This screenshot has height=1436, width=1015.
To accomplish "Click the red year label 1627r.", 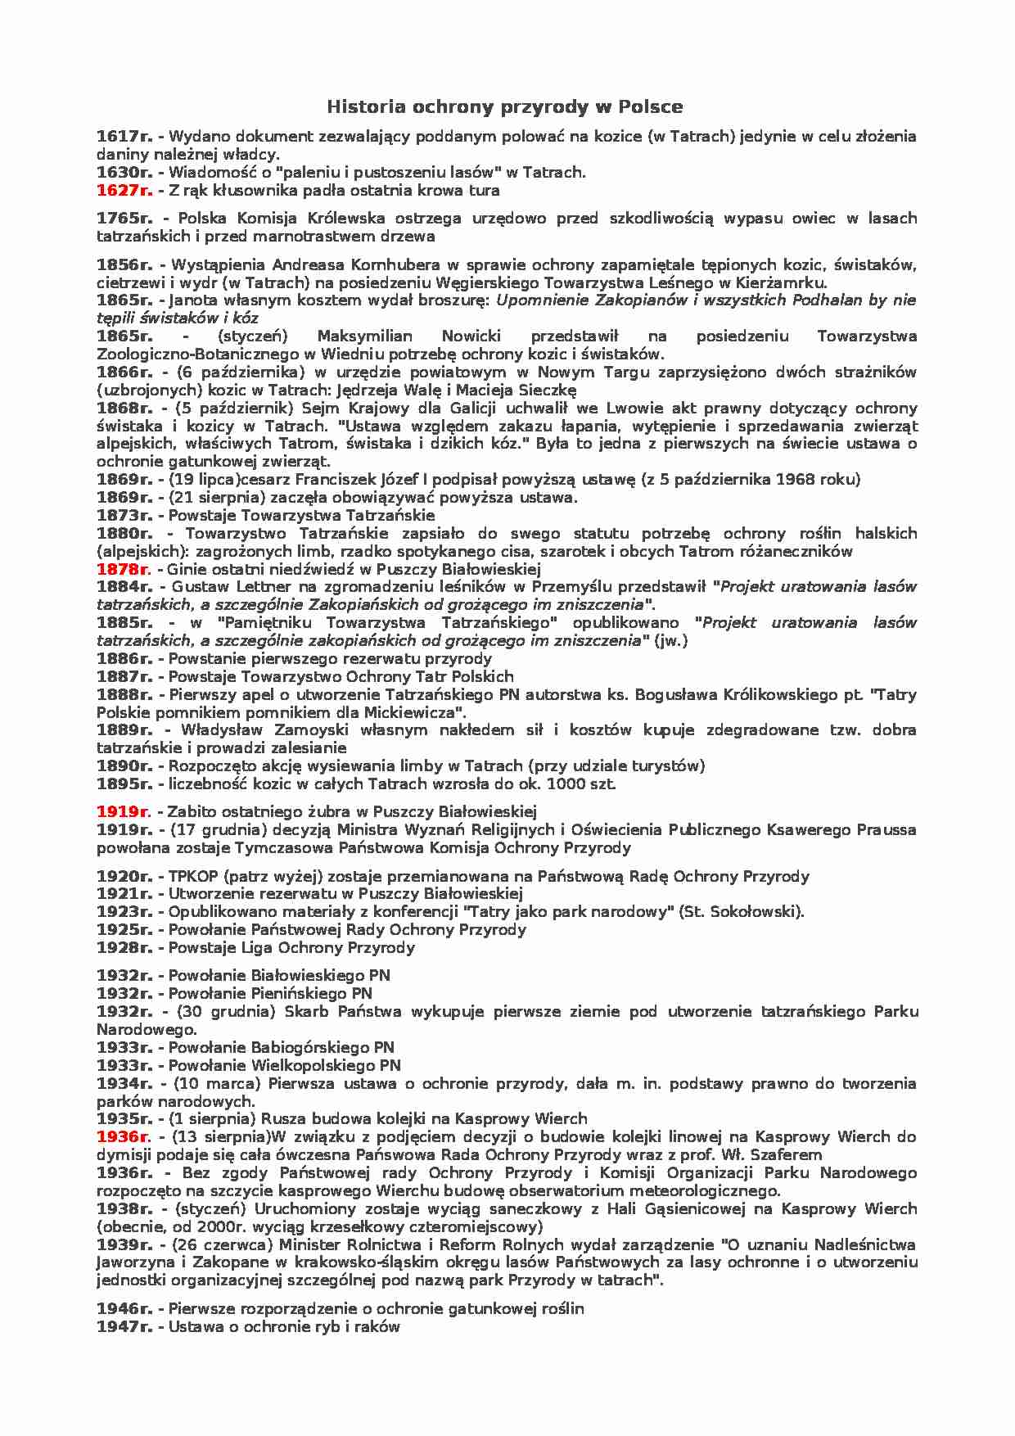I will click(x=124, y=191).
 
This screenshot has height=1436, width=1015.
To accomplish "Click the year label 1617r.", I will click(x=124, y=137).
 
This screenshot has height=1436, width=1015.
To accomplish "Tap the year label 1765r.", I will click(x=124, y=219).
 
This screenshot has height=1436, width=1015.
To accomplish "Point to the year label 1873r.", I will click(x=124, y=516).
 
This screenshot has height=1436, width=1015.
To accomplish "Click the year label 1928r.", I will click(x=124, y=948).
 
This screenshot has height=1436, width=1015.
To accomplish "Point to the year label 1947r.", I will click(x=124, y=1327).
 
